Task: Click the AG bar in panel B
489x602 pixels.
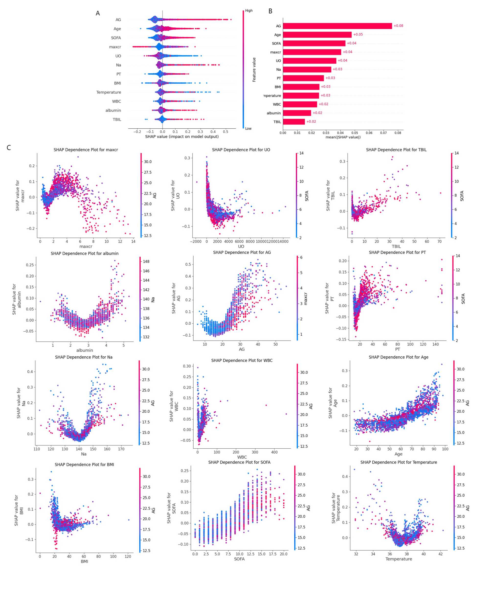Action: pos(337,26)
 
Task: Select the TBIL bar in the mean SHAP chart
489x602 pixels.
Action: pos(294,122)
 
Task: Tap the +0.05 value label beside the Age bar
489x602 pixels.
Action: pos(358,34)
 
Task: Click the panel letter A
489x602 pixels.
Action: pos(98,13)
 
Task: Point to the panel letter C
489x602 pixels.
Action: pos(9,148)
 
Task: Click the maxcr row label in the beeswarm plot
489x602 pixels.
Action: pos(115,47)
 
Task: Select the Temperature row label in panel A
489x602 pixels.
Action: pos(109,92)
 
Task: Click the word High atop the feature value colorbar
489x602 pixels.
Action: pos(249,11)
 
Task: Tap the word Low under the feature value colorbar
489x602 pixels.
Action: pos(248,128)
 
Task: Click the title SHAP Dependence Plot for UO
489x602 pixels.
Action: pos(241,150)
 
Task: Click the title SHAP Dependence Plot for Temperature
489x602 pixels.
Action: pos(399,462)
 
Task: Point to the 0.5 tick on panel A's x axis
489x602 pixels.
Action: pos(226,132)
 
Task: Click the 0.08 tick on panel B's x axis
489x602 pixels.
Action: pos(398,133)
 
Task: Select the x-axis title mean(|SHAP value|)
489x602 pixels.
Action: pos(343,137)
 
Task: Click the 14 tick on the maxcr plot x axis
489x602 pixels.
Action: pos(133,241)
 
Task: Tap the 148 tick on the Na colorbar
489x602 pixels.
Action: pos(146,261)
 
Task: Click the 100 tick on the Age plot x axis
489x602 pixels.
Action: pos(445,449)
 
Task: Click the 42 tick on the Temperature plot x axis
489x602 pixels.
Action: pos(441,554)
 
